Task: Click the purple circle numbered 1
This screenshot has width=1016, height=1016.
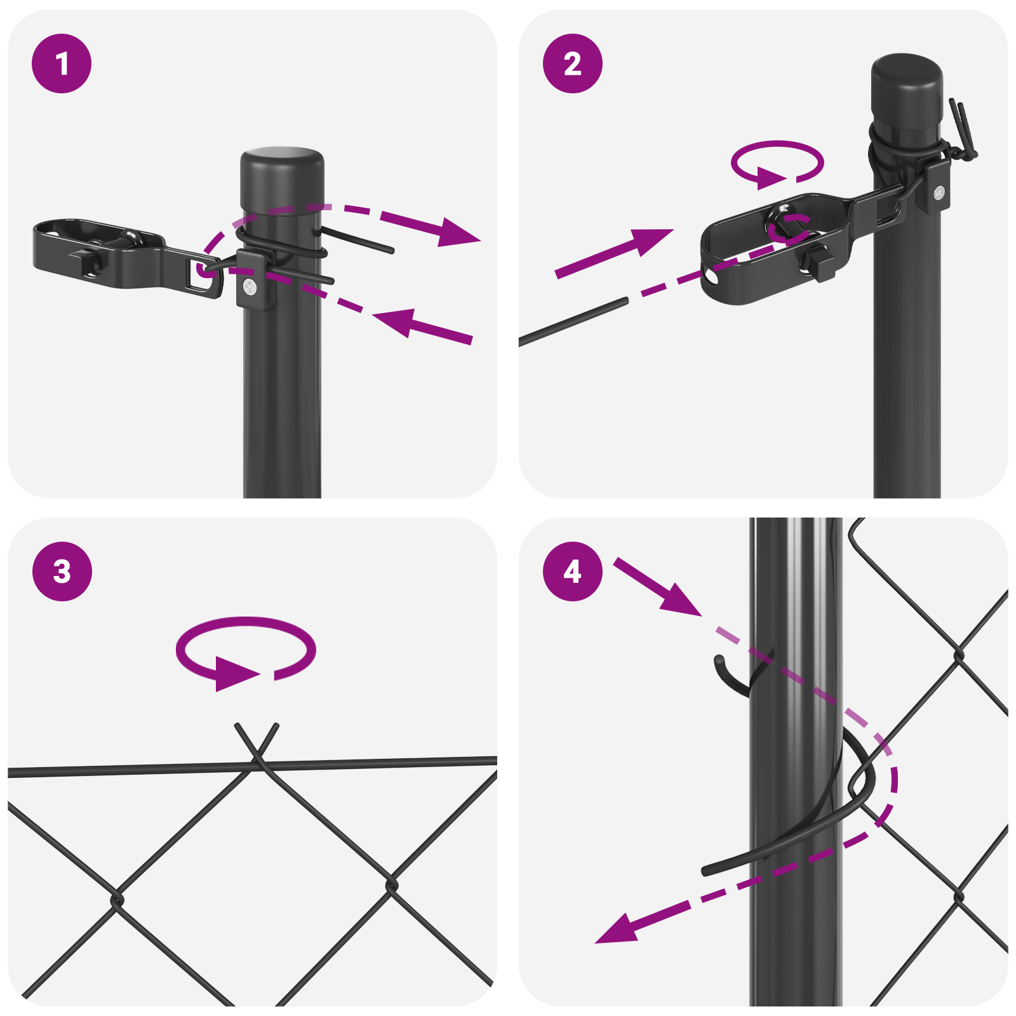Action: coord(62,63)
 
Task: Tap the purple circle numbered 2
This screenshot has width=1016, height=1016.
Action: coord(572,63)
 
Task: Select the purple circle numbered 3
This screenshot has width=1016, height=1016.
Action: coord(62,571)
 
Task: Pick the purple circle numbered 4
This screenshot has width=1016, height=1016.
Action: coord(572,571)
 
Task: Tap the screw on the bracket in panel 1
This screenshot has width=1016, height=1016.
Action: coord(250,287)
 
